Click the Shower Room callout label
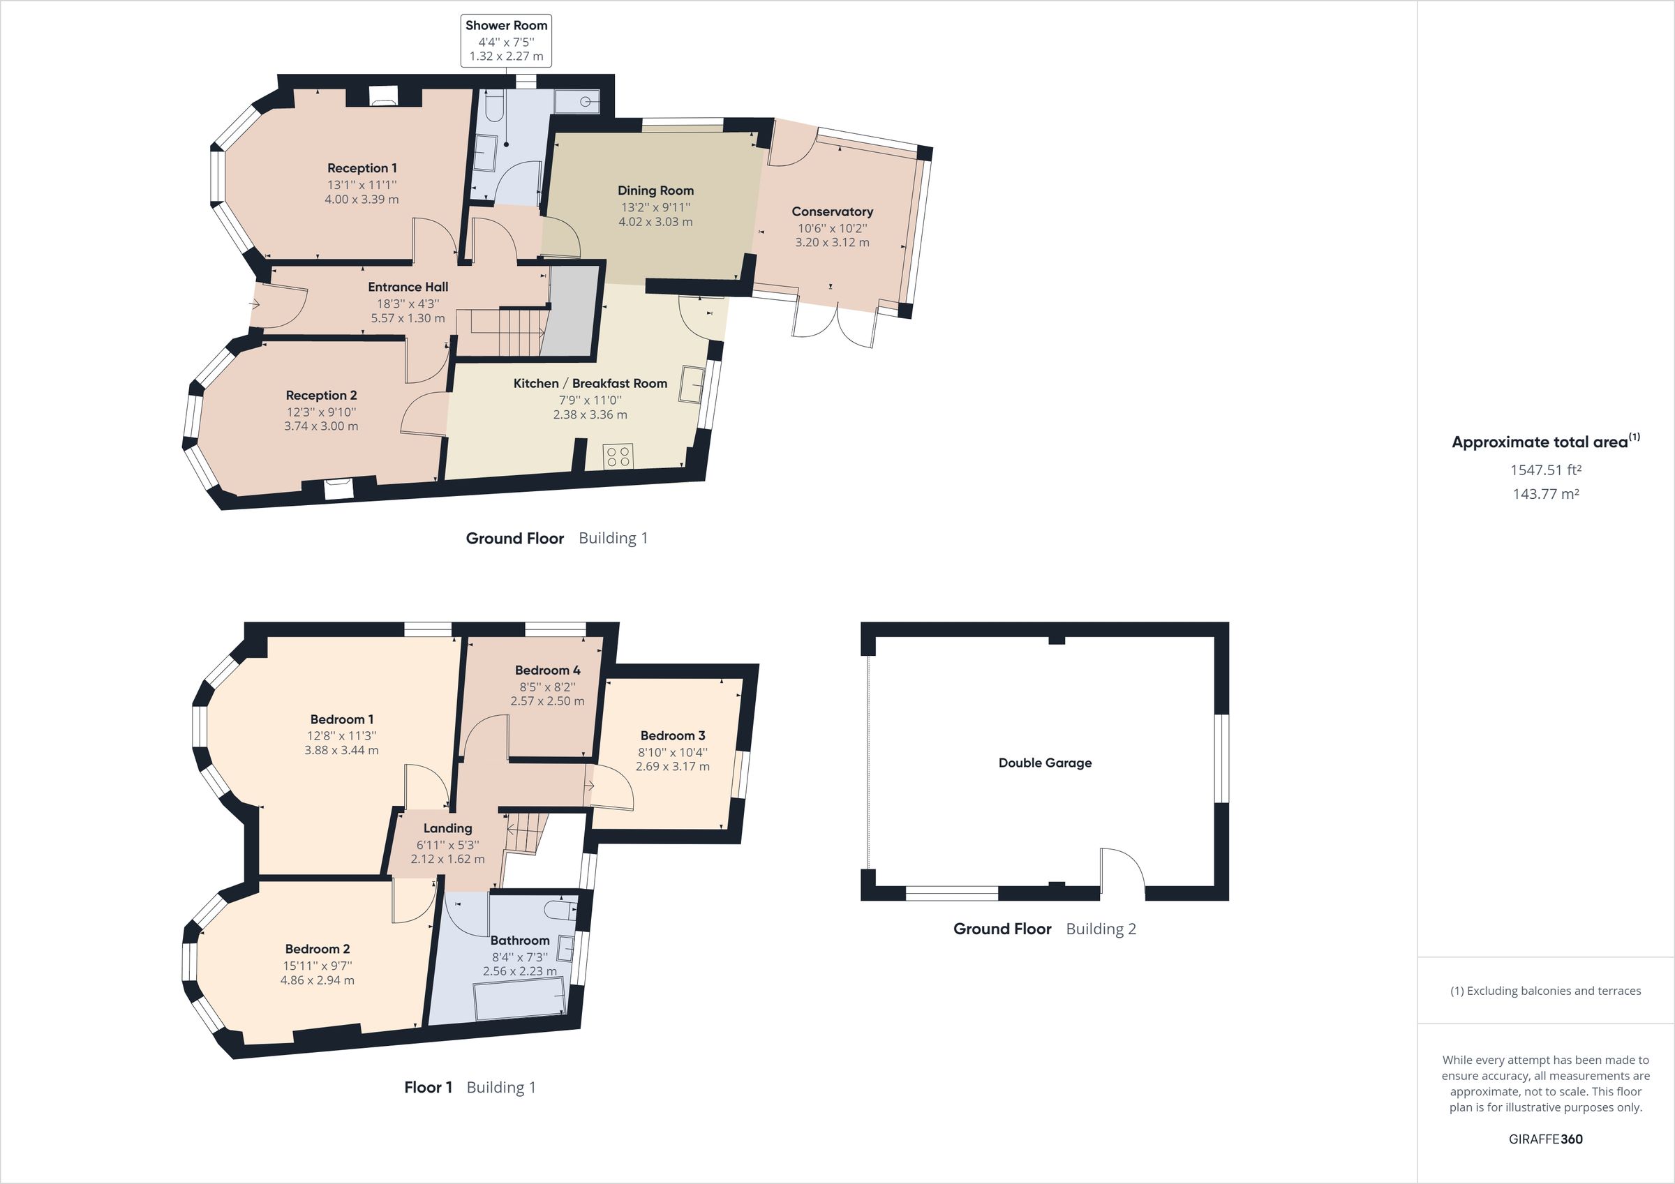(506, 41)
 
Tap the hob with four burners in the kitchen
(618, 458)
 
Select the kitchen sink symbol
(692, 384)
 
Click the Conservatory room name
(833, 211)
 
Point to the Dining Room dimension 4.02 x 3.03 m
(655, 222)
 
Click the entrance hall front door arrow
(255, 304)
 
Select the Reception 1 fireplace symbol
(383, 96)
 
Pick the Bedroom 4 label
(547, 670)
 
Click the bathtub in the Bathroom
(519, 998)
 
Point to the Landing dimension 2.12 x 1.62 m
(447, 860)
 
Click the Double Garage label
(1045, 763)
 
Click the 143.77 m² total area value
(1545, 494)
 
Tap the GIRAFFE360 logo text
(1545, 1139)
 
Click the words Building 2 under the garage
(1101, 929)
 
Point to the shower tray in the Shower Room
(577, 102)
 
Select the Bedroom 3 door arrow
(590, 786)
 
